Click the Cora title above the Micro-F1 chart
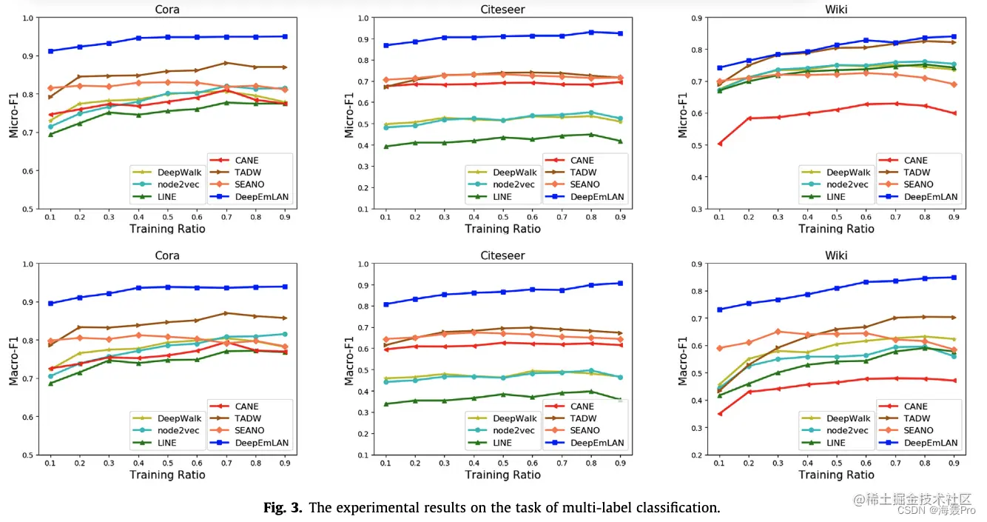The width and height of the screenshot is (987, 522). click(x=167, y=10)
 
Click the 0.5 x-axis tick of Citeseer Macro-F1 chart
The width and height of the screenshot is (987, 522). click(x=502, y=462)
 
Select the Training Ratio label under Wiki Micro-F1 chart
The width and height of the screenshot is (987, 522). click(x=836, y=229)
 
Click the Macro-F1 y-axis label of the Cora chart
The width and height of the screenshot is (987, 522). click(x=13, y=359)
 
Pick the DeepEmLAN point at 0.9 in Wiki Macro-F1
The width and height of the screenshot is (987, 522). click(x=954, y=278)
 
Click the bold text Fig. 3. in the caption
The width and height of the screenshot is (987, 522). click(x=284, y=509)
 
